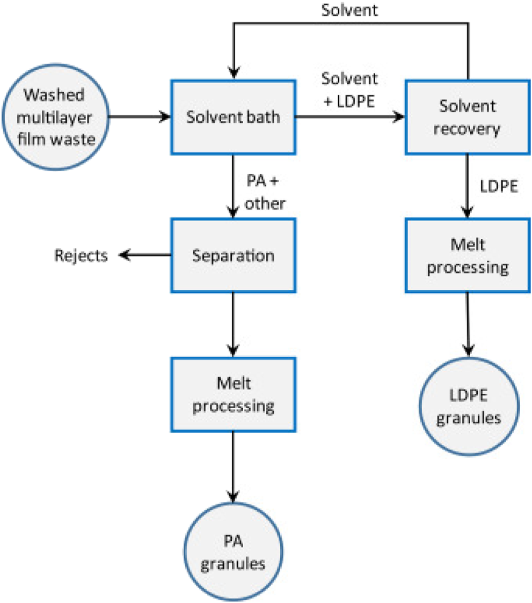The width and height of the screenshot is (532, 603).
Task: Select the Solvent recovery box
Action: point(467,117)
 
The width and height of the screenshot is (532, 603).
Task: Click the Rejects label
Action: point(81,256)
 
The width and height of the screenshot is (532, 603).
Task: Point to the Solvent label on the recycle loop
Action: point(349,11)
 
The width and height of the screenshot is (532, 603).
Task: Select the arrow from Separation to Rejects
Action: point(145,256)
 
